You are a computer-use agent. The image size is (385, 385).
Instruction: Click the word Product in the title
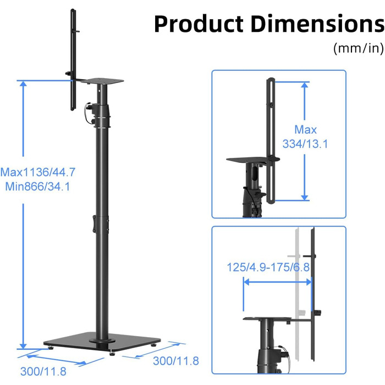[199, 24]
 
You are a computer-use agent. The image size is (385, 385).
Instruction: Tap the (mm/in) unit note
[359, 48]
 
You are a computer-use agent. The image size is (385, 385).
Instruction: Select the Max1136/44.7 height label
[38, 172]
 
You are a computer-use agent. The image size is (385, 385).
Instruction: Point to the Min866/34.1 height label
[37, 186]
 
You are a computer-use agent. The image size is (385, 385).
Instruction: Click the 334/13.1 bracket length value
[305, 144]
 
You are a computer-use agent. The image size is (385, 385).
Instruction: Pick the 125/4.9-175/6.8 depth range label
[268, 267]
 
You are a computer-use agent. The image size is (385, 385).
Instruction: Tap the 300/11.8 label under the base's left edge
[43, 371]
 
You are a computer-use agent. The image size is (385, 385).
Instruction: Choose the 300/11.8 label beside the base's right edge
[176, 361]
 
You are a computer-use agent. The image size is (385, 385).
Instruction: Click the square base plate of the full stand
[102, 342]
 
